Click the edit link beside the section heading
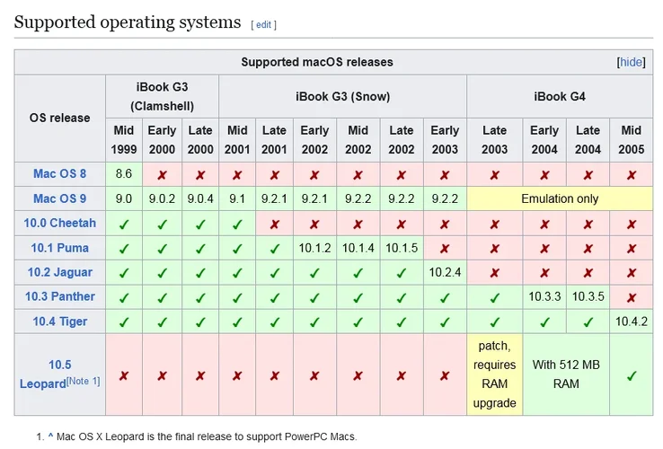pyautogui.click(x=263, y=24)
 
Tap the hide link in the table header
pyautogui.click(x=631, y=62)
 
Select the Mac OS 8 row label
pyautogui.click(x=60, y=174)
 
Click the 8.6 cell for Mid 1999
pyautogui.click(x=124, y=174)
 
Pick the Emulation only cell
pyautogui.click(x=560, y=198)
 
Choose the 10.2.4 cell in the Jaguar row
pyautogui.click(x=445, y=272)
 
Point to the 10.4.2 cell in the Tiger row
pyautogui.click(x=631, y=321)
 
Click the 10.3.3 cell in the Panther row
pyautogui.click(x=544, y=296)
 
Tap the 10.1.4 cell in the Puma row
pyautogui.click(x=358, y=248)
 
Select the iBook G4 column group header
pyautogui.click(x=560, y=96)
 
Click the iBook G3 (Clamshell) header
pyautogui.click(x=162, y=96)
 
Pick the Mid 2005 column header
pyautogui.click(x=631, y=140)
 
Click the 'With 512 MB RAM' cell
pyautogui.click(x=566, y=374)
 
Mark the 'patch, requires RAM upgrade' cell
pyautogui.click(x=494, y=374)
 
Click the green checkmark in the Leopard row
pyautogui.click(x=631, y=375)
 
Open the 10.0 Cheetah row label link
pyautogui.click(x=60, y=223)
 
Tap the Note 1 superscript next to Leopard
pyautogui.click(x=84, y=381)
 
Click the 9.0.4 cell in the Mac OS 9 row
pyautogui.click(x=199, y=198)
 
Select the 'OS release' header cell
pyautogui.click(x=60, y=118)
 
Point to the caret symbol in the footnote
pyautogui.click(x=51, y=436)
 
